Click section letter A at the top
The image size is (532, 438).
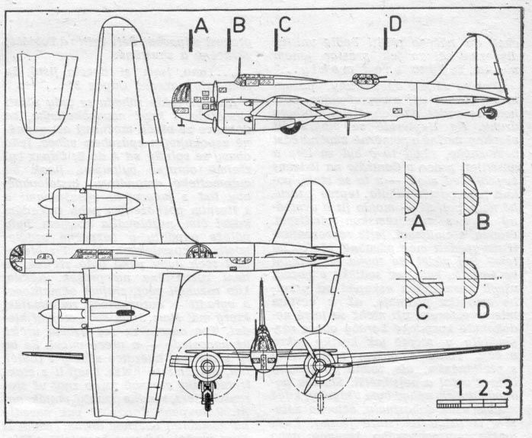click(x=201, y=26)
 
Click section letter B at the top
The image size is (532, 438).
click(x=238, y=26)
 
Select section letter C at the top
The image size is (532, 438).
click(x=284, y=25)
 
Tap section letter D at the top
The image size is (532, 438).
click(x=394, y=26)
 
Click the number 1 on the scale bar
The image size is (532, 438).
click(x=460, y=388)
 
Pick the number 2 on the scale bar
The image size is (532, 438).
click(x=483, y=388)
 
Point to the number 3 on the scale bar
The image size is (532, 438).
click(x=506, y=388)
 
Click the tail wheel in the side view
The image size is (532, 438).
click(x=490, y=113)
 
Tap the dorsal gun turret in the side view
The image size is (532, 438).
click(x=364, y=79)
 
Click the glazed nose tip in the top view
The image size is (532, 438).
click(x=17, y=259)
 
